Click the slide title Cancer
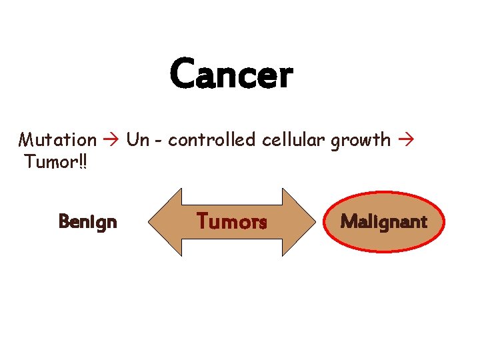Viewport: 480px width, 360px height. pos(231,74)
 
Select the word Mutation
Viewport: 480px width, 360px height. pos(57,140)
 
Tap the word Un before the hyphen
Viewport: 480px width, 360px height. pos(137,140)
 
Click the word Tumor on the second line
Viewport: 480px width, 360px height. pos(49,162)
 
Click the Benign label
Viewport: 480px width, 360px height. pos(87,221)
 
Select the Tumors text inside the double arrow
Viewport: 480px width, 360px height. pos(231,221)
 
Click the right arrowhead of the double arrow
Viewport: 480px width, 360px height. pos(299,222)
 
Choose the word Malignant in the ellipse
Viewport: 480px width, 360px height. pos(383,222)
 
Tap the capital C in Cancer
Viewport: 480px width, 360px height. pos(182,74)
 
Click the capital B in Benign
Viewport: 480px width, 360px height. pos(64,221)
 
